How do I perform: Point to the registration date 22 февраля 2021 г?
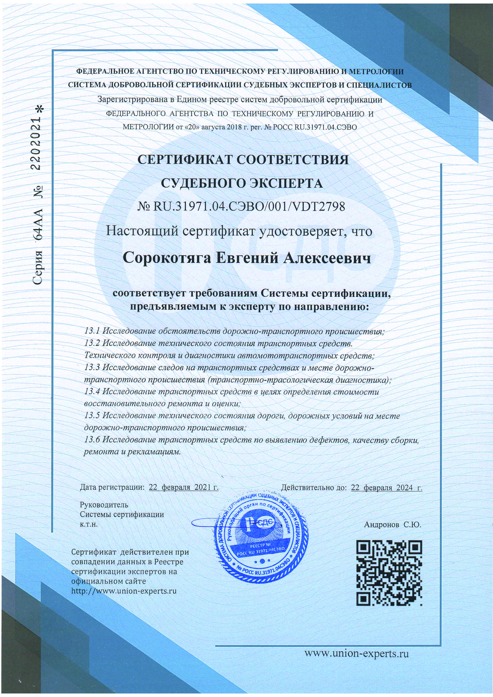(x=183, y=488)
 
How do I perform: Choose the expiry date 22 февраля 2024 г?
(x=386, y=488)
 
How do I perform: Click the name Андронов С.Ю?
(x=392, y=525)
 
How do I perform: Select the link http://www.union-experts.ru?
(x=124, y=591)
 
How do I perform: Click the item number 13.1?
(x=92, y=331)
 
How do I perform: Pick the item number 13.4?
(x=92, y=392)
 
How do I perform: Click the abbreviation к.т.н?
(x=89, y=524)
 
